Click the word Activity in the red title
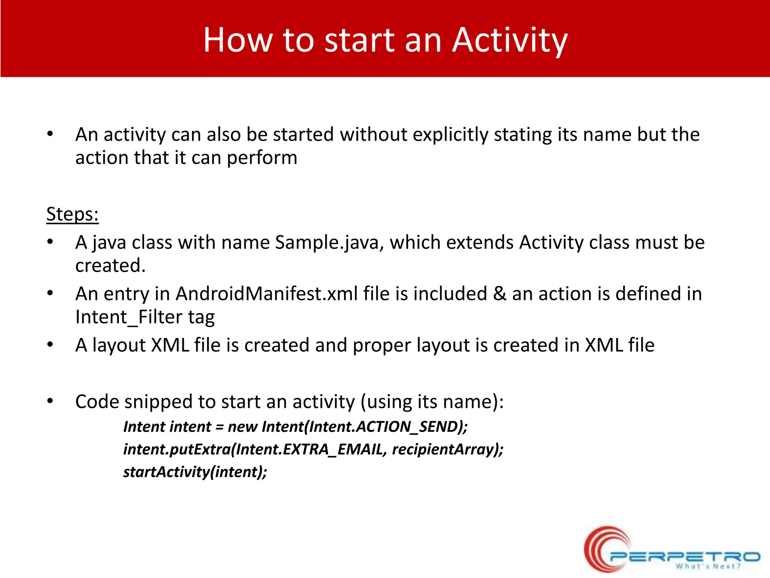pyautogui.click(x=509, y=41)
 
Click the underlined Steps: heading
pyautogui.click(x=72, y=214)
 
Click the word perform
pyautogui.click(x=262, y=158)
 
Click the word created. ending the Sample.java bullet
pyautogui.click(x=110, y=266)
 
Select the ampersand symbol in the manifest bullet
pyautogui.click(x=499, y=294)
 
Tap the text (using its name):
pyautogui.click(x=432, y=402)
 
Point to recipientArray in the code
pyautogui.click(x=444, y=449)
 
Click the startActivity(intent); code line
pyautogui.click(x=195, y=472)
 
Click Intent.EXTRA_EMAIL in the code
pyautogui.click(x=309, y=449)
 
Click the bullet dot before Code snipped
pyautogui.click(x=50, y=401)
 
